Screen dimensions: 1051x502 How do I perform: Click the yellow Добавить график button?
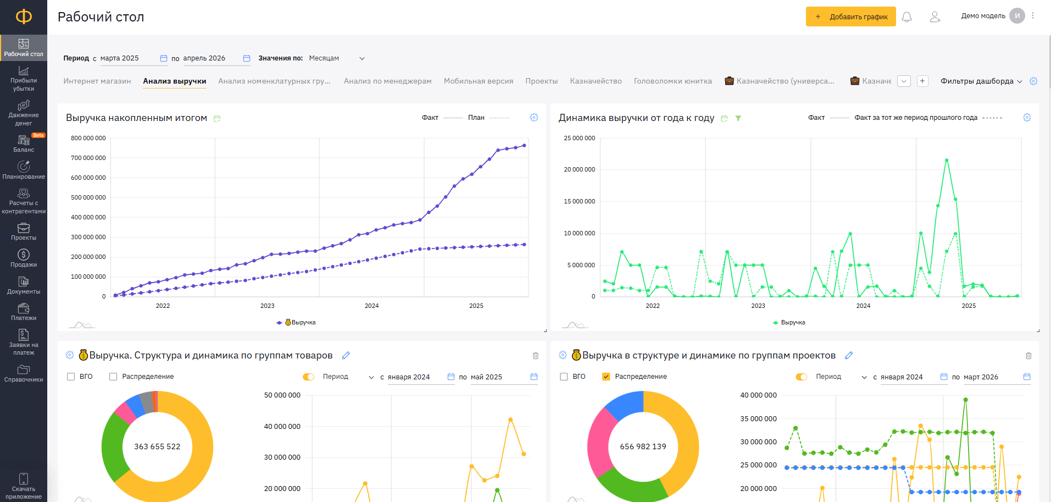(x=850, y=16)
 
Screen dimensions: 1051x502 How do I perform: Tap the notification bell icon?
(x=907, y=17)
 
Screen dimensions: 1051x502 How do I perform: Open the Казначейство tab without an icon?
(x=596, y=81)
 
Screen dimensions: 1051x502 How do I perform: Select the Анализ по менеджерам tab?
(x=387, y=81)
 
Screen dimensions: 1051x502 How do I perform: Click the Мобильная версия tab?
(x=479, y=81)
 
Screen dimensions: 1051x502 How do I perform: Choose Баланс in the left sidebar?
(x=24, y=144)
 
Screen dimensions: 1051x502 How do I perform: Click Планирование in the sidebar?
(x=24, y=170)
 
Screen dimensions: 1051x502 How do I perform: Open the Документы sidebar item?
(x=24, y=285)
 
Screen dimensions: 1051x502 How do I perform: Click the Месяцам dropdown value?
(x=324, y=58)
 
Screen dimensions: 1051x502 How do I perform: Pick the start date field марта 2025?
(x=119, y=58)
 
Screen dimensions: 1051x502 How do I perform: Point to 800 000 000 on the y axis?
(x=88, y=138)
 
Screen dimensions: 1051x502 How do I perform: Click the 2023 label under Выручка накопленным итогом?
(x=267, y=306)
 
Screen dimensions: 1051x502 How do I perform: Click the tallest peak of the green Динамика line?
(x=947, y=160)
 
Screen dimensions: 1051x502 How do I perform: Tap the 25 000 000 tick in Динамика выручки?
(x=579, y=138)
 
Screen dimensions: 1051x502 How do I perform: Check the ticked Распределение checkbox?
(x=606, y=377)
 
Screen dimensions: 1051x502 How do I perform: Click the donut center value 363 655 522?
(x=157, y=446)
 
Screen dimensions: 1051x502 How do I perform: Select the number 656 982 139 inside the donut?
(x=643, y=446)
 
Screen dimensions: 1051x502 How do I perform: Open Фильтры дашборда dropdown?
(x=981, y=81)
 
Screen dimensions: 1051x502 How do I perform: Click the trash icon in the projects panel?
(x=1028, y=356)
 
